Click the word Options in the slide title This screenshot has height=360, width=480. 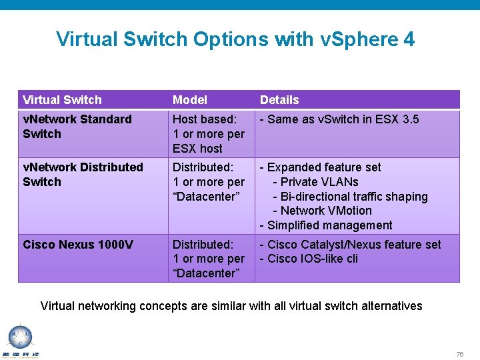point(225,39)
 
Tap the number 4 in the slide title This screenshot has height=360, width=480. point(409,39)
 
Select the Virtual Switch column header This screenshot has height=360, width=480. point(62,100)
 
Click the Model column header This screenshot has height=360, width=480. point(190,100)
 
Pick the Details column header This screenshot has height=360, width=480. point(279,100)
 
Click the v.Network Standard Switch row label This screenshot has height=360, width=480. point(77,127)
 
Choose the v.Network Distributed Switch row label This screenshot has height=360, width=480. point(83,174)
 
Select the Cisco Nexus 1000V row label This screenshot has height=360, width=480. point(78,245)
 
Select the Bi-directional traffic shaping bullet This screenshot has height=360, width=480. point(350,197)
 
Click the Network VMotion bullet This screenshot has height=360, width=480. point(322,211)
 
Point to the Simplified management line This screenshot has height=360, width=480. point(326,225)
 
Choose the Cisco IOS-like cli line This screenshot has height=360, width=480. point(308,259)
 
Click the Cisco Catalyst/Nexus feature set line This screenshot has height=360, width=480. point(350,245)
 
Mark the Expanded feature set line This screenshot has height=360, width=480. point(320,167)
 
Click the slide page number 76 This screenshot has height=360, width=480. point(459,354)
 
